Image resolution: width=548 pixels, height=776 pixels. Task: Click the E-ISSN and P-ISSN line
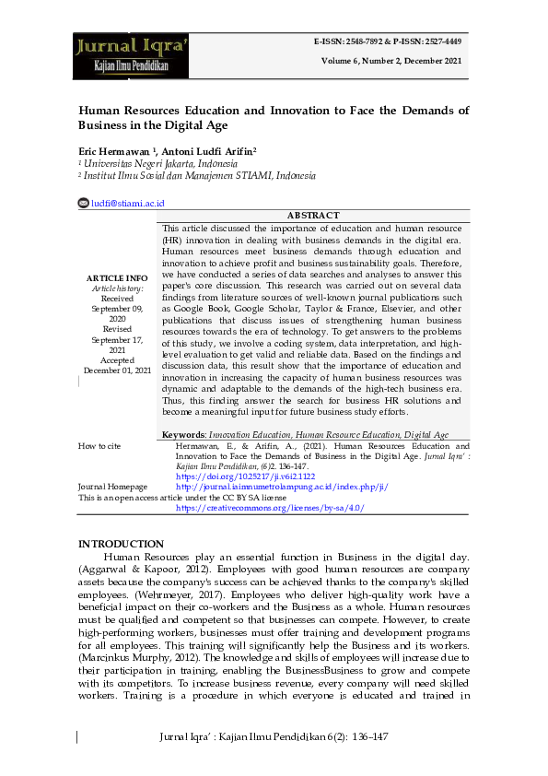389,42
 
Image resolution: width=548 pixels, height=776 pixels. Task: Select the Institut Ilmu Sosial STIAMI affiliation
199,175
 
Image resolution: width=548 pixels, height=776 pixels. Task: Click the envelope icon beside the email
83,203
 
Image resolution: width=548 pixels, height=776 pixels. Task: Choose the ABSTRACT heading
313,216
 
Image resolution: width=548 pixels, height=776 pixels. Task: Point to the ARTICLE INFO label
117,277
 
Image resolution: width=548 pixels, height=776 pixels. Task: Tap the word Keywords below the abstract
183,433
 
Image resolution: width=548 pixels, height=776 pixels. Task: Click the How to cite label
99,445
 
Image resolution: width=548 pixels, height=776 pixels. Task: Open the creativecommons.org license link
269,508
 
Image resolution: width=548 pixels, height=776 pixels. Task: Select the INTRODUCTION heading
121,544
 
